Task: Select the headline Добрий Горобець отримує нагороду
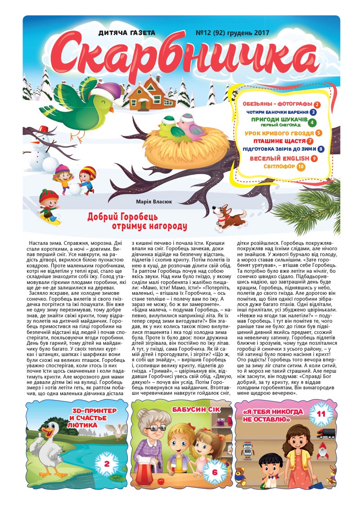137,221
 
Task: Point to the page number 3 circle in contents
313,112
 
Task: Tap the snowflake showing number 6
215,472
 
